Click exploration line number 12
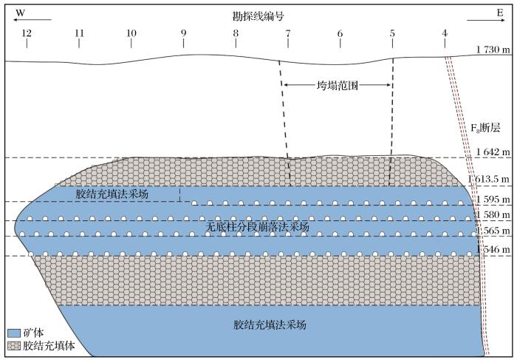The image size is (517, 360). [27, 33]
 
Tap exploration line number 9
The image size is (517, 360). [183, 33]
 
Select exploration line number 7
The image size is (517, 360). [287, 33]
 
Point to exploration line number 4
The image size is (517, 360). [444, 33]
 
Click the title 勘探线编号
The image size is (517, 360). [258, 16]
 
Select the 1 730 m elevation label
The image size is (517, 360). [493, 50]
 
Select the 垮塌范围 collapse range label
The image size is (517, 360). [338, 85]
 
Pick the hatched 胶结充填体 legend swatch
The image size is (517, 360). [14, 345]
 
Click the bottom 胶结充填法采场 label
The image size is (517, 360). [270, 325]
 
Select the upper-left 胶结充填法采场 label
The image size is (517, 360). [112, 194]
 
